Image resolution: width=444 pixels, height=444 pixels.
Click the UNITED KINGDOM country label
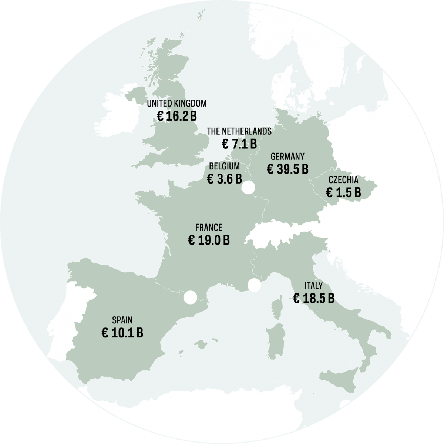pos(176,103)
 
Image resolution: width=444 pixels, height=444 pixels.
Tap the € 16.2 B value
pos(176,117)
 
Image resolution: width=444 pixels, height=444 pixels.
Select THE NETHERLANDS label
pos(239,131)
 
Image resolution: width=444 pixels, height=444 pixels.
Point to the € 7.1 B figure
pos(239,144)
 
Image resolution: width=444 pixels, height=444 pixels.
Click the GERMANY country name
pos(287,156)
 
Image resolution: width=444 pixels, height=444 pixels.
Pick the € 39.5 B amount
pos(287,169)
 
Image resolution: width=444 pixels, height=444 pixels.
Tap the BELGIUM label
pos(224,166)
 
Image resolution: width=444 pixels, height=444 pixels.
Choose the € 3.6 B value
pos(224,179)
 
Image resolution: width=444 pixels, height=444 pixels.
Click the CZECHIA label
pos(343,180)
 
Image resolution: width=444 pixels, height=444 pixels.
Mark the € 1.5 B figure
pos(343,192)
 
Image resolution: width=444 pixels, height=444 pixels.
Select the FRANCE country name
pos(209,227)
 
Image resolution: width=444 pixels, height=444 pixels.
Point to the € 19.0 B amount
pos(209,240)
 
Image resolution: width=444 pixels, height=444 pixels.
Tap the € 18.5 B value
pos(313,299)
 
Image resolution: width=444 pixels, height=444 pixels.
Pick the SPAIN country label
pos(122,320)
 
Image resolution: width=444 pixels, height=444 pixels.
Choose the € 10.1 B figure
pos(122,333)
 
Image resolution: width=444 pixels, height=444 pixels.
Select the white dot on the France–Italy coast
pos(254,285)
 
